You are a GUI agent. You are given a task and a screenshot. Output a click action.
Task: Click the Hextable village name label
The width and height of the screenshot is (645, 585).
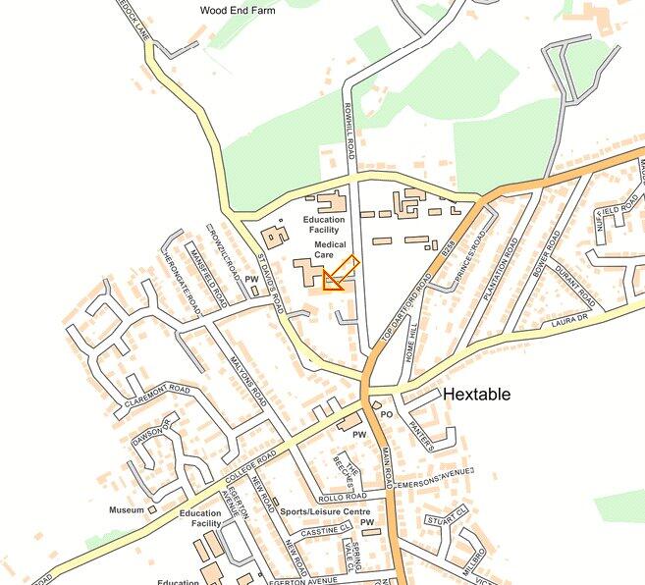coord(477,394)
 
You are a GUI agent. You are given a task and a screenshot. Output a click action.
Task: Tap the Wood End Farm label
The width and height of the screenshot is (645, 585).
coord(238,10)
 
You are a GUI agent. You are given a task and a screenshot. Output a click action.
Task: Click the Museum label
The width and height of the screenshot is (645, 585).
coord(126,510)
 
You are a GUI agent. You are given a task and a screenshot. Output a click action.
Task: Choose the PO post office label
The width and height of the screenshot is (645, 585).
coord(386,414)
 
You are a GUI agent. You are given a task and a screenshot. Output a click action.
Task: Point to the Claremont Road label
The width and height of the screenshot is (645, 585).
coord(157,397)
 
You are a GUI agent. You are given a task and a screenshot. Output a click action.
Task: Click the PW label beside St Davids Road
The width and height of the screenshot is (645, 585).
coord(251,280)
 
